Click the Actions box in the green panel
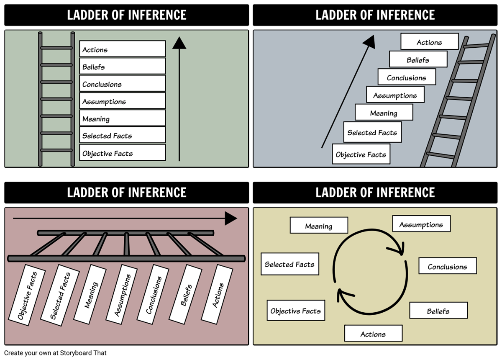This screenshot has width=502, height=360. [122, 49]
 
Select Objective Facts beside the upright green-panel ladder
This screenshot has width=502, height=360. [122, 153]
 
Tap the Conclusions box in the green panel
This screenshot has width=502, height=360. [122, 84]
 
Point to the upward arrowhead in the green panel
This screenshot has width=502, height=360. [179, 43]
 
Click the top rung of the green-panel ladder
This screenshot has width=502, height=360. [56, 48]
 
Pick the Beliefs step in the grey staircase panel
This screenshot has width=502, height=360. [418, 59]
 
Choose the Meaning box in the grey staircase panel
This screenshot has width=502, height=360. [384, 113]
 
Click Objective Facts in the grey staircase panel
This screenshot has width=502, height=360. [361, 154]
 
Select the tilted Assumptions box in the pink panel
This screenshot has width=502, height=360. [123, 294]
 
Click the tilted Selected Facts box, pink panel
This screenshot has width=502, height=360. [60, 296]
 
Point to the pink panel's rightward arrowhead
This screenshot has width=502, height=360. [231, 218]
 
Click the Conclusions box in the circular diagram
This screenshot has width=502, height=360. [447, 266]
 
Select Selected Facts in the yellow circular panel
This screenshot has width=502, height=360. [289, 264]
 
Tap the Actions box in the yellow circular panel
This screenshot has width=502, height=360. [373, 334]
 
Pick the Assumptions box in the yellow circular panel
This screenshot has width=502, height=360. [421, 224]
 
